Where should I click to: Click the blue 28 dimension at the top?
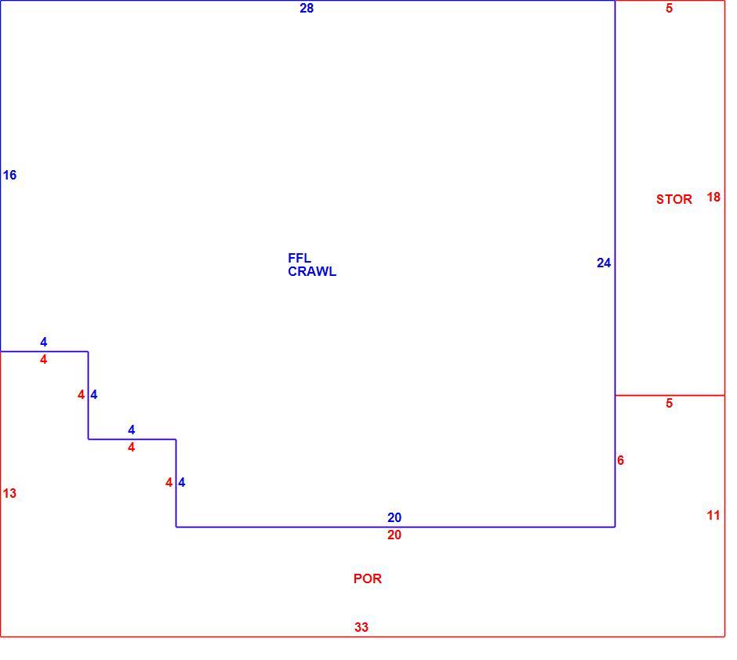(x=307, y=8)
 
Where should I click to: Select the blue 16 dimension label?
(x=9, y=176)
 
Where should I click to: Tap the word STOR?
(x=674, y=199)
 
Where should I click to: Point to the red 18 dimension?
(x=713, y=198)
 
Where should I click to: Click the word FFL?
(x=300, y=258)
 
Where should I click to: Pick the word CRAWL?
(x=312, y=271)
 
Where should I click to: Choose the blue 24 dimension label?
(x=604, y=263)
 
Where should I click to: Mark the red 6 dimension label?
(x=620, y=460)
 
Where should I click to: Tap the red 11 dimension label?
(x=713, y=515)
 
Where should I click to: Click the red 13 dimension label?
(x=9, y=493)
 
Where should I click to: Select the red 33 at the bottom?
(x=361, y=627)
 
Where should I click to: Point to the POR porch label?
(x=368, y=578)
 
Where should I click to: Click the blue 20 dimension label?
(x=394, y=517)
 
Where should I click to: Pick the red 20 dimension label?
(x=394, y=535)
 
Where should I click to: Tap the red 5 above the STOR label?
(x=670, y=8)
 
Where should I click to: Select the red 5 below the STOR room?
(x=670, y=403)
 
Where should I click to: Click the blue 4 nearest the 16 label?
(x=44, y=342)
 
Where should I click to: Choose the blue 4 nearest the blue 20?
(x=182, y=482)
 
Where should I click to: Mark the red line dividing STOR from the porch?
(x=670, y=396)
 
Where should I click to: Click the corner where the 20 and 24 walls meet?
(x=615, y=527)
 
